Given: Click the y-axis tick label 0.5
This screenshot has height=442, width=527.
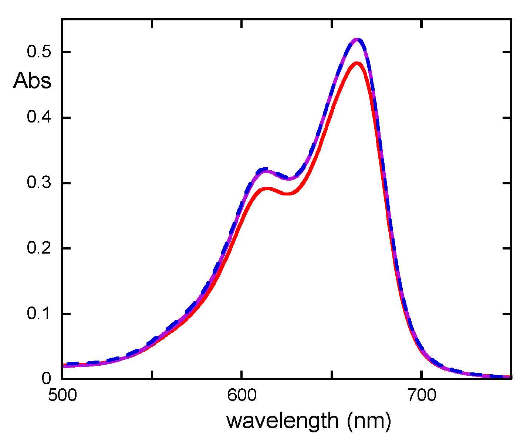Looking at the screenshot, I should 38,52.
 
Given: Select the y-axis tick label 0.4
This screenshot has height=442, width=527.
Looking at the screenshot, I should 38,118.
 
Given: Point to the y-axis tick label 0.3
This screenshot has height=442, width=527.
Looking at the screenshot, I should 38,183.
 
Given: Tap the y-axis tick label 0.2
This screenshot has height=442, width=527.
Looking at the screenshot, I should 38,248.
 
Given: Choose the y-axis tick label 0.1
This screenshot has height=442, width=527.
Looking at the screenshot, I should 38,314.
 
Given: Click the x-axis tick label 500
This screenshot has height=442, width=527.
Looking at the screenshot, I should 62,396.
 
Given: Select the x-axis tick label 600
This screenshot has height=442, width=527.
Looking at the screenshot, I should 241,396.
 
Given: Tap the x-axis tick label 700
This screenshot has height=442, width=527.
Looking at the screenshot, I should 421,396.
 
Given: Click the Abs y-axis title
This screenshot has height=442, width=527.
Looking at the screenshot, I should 32,80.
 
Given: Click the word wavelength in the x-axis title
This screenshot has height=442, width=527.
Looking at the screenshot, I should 282,421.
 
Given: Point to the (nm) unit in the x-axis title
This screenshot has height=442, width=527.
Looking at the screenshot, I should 369,421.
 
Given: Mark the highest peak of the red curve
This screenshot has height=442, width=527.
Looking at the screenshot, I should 357,63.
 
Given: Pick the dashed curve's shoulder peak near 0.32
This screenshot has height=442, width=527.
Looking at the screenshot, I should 265,170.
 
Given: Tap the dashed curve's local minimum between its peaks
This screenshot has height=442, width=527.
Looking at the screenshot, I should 290,179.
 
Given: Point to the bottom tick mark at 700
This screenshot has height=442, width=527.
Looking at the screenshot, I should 421,375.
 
